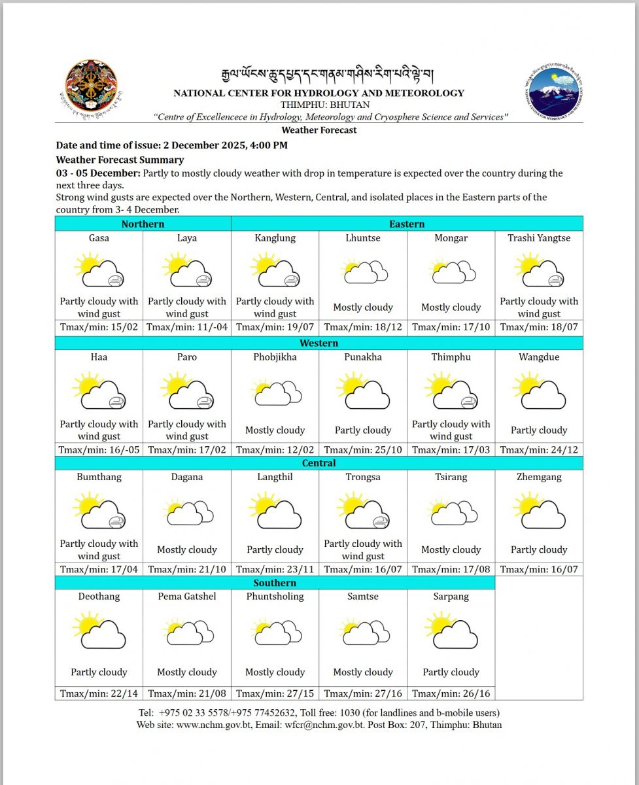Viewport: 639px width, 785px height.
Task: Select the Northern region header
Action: [143, 224]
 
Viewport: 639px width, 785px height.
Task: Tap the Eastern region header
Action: [407, 224]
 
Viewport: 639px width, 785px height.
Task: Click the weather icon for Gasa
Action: [99, 271]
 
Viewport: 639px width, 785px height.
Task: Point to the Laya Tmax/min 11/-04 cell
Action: [187, 327]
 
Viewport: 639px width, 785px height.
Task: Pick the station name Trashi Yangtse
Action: [539, 238]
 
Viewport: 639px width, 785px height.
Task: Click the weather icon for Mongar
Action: [451, 271]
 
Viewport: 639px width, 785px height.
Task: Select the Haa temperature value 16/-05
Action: [99, 449]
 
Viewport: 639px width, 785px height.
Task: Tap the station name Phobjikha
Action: [275, 357]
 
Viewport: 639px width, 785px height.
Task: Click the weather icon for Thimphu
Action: [451, 391]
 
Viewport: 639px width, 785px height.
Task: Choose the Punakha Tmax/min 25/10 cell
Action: [363, 449]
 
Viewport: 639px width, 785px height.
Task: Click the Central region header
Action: [319, 463]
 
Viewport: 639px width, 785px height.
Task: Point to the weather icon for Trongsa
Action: [363, 511]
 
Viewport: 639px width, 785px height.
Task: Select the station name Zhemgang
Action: [539, 477]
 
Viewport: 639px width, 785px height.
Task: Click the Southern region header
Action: [275, 583]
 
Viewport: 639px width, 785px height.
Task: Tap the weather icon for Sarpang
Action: [451, 631]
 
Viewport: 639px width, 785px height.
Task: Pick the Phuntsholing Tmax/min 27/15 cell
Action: [275, 693]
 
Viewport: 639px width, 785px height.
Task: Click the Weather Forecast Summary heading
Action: [120, 160]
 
